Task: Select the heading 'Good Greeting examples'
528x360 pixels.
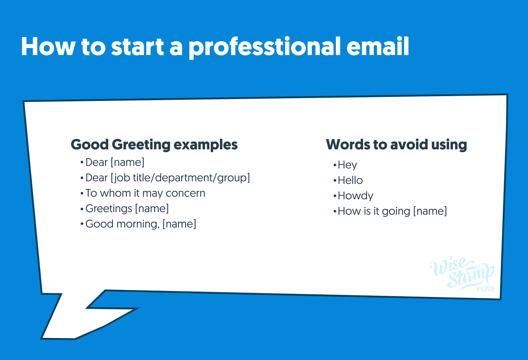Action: point(154,145)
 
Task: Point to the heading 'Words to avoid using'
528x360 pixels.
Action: point(396,145)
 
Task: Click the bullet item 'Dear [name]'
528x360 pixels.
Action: point(115,162)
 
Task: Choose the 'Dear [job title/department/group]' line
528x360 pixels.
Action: point(168,178)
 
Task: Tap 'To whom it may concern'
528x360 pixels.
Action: point(145,193)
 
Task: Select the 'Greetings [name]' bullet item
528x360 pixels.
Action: point(127,208)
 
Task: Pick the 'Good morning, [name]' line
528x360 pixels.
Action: point(141,224)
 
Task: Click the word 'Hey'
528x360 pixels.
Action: point(347,165)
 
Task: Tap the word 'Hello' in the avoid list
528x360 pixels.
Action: point(350,180)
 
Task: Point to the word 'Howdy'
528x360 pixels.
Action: point(355,196)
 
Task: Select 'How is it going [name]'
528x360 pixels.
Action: point(392,211)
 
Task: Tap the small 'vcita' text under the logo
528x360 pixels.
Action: point(485,288)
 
